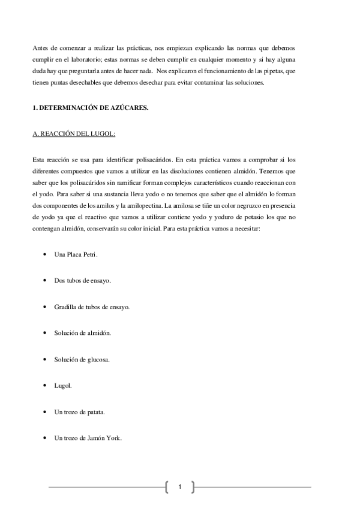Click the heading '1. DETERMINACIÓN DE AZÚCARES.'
(89, 108)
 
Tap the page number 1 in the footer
(179, 487)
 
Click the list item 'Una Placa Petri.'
(76, 254)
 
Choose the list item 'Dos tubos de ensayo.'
(82, 280)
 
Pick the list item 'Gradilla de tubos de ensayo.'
(92, 307)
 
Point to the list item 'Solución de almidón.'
(82, 333)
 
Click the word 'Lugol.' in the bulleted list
(63, 385)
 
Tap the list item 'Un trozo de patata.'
(80, 412)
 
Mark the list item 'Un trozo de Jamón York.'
(88, 438)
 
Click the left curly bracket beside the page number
(166, 487)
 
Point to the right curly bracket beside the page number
(193, 487)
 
